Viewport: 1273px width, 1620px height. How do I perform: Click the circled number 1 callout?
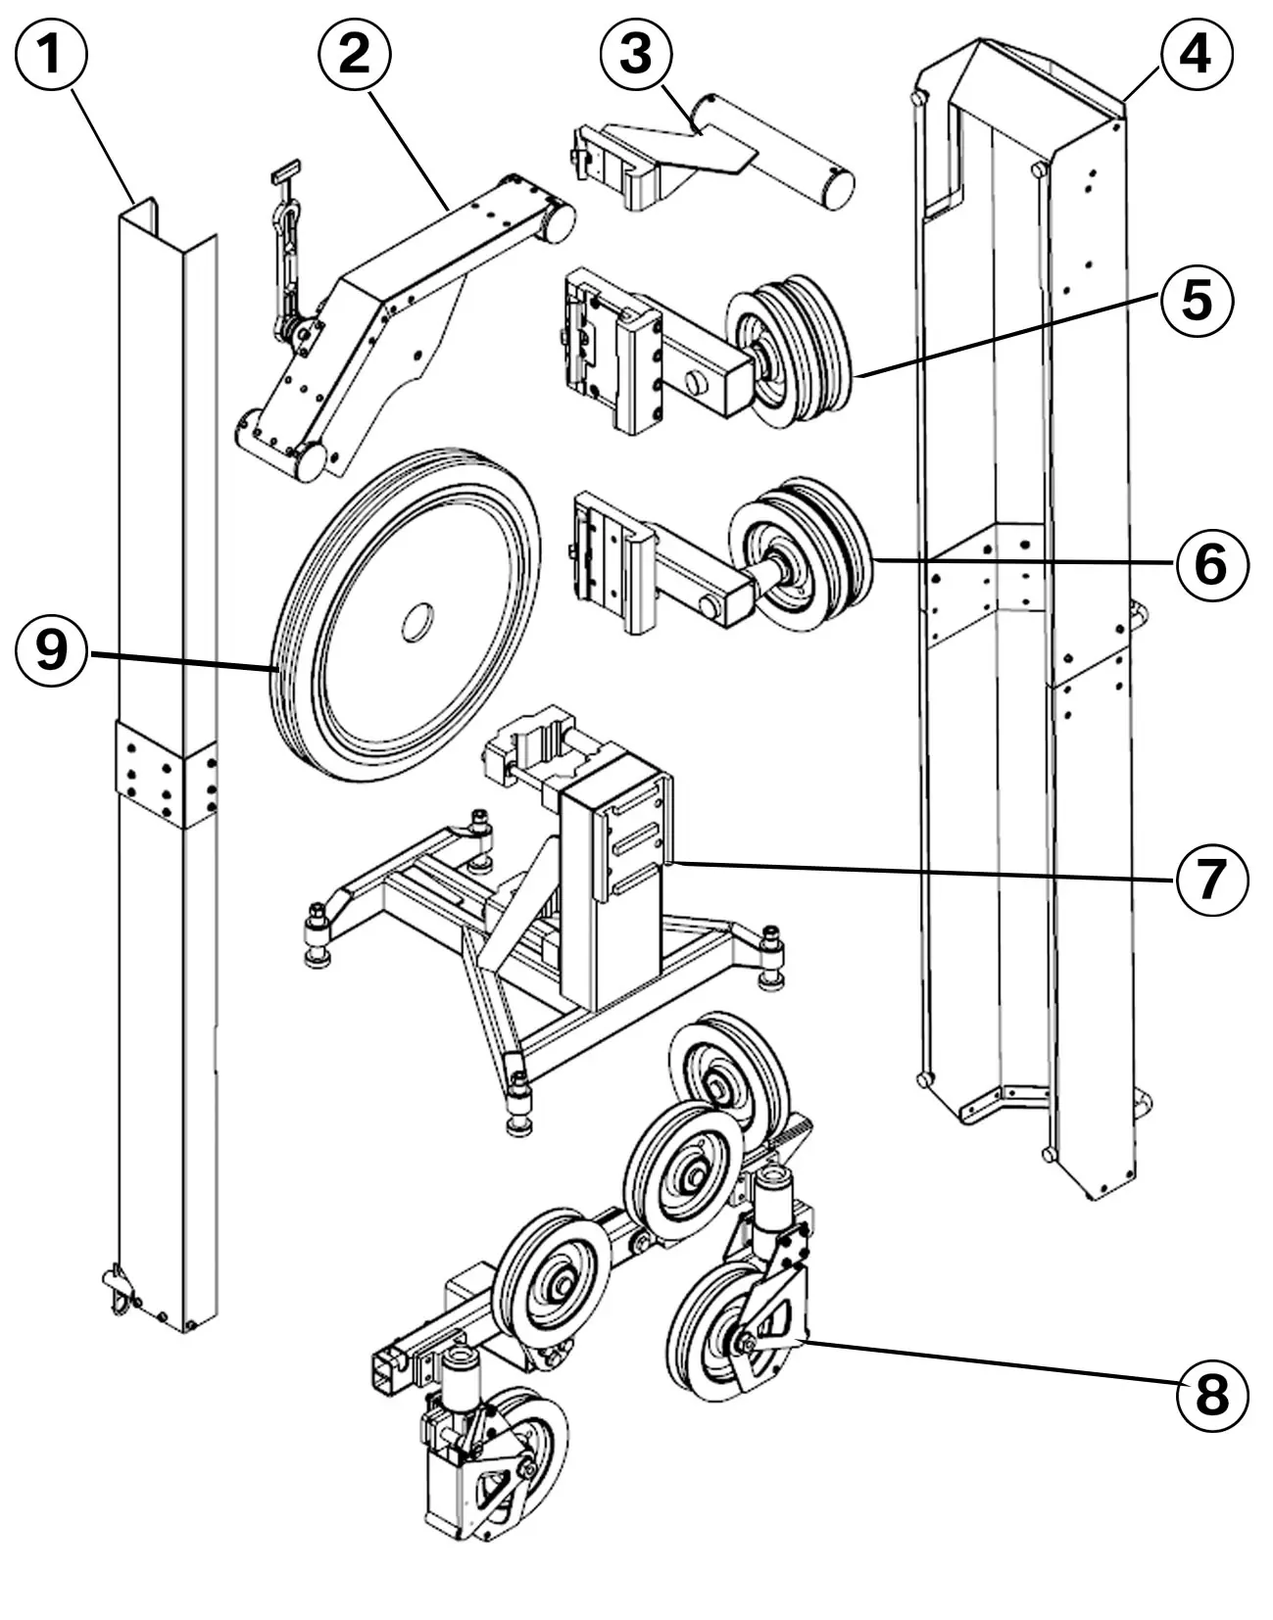pos(51,54)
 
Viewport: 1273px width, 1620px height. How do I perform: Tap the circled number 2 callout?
pos(354,54)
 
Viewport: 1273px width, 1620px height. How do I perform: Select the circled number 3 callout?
pos(636,54)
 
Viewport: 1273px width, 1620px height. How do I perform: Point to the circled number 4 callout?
pos(1197,54)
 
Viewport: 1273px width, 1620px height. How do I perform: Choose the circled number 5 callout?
pos(1197,302)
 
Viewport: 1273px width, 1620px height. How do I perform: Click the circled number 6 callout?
pos(1212,565)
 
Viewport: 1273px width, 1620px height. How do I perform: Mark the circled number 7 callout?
pos(1212,880)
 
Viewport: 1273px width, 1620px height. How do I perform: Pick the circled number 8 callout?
pos(1212,1395)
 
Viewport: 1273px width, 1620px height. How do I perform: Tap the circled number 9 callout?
pos(51,650)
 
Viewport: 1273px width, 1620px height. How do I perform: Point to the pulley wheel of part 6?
pos(800,555)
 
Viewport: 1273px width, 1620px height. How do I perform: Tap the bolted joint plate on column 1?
pos(166,775)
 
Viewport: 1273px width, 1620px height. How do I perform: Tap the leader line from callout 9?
pos(181,661)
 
